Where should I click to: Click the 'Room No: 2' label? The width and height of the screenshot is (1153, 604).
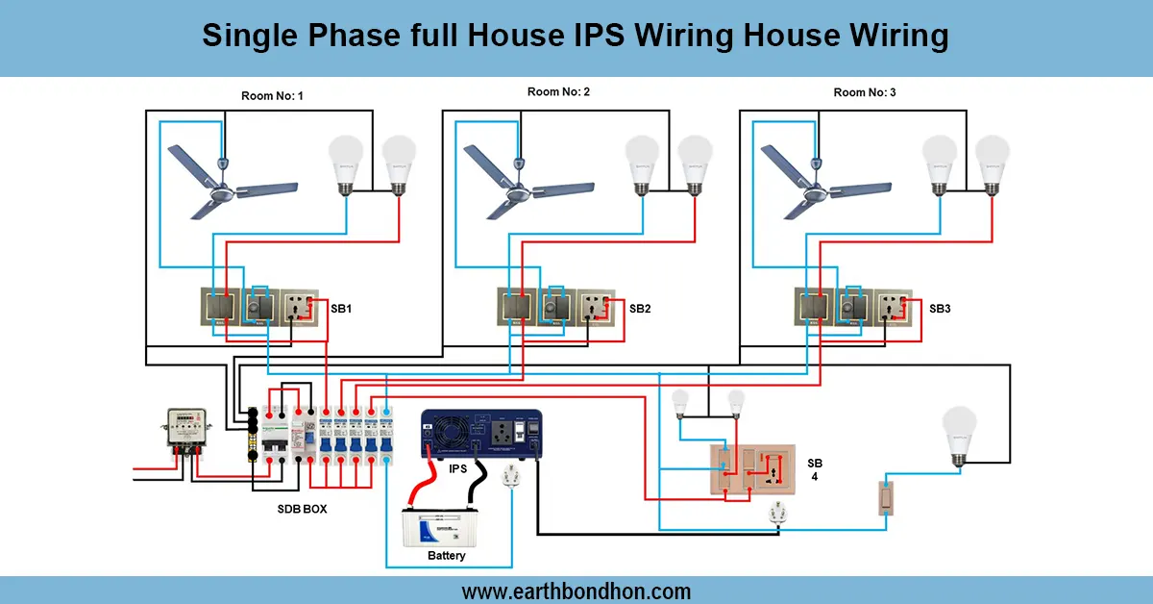(x=558, y=92)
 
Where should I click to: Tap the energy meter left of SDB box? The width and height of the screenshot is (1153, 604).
(x=184, y=429)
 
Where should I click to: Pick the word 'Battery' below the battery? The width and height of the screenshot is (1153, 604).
(x=446, y=556)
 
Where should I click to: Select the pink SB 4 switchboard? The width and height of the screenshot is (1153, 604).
(x=751, y=470)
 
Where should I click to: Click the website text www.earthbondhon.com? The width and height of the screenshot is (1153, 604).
(x=576, y=591)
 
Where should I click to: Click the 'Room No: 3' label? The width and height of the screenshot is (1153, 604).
(x=865, y=92)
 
